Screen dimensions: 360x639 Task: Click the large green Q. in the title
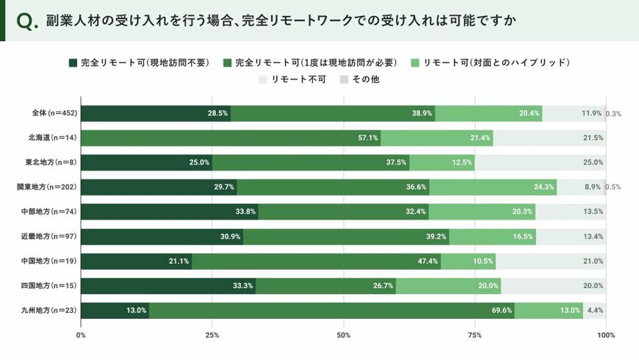pos(26,22)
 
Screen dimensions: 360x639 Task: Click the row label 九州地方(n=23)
pos(49,310)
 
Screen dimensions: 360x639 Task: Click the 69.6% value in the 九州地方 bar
pos(502,311)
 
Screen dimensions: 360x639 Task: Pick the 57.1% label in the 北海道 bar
pos(367,138)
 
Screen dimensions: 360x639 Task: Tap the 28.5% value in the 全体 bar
pos(217,113)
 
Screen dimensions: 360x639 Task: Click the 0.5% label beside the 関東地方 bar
pos(613,187)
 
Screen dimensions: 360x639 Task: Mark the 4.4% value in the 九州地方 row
pos(595,311)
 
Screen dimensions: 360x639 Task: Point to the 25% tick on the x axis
pos(212,335)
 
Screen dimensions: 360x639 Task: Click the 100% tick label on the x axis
pos(606,335)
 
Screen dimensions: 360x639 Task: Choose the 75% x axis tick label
pos(474,335)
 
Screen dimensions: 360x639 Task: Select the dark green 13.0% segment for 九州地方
pos(115,310)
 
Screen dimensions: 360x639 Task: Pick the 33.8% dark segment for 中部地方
pos(169,212)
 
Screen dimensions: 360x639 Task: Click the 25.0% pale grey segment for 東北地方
pos(540,162)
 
